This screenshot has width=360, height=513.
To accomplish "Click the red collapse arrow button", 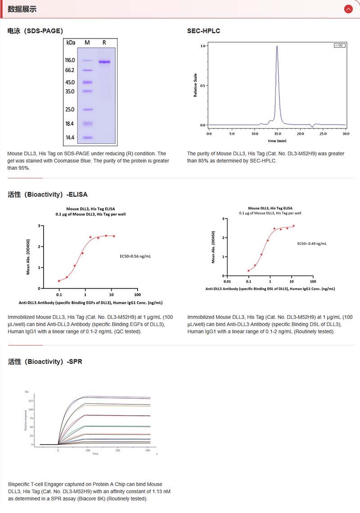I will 348,9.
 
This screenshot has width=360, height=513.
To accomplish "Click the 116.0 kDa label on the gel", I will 70,60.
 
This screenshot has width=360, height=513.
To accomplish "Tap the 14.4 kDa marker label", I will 70,138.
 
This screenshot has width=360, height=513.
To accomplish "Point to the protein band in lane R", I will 104,62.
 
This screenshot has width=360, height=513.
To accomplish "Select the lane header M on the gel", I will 87,42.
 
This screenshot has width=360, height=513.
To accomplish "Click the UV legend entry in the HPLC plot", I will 339,45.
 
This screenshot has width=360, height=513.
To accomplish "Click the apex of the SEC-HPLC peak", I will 277,46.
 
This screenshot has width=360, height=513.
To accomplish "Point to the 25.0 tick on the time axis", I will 323,134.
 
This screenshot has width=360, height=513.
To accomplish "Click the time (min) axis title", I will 277,141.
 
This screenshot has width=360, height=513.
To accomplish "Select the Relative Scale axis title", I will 195,85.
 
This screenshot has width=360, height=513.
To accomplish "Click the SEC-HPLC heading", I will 203,31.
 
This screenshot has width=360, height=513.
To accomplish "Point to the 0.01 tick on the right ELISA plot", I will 228,281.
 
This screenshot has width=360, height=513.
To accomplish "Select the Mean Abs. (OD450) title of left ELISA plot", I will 28,257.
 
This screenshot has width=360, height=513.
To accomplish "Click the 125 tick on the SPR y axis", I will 31,400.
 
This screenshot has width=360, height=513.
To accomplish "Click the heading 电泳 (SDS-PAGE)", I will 35,31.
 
